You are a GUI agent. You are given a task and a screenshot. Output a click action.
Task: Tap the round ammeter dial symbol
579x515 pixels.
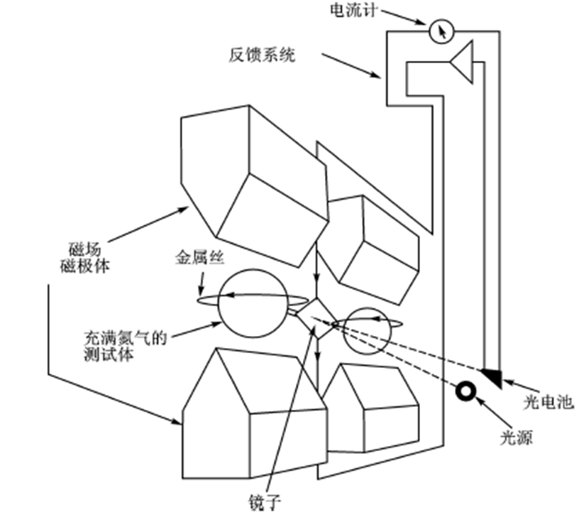(x=441, y=30)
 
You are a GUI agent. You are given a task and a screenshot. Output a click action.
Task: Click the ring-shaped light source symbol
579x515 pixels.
(x=466, y=390)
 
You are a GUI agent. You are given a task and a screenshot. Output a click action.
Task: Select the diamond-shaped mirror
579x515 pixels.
(x=314, y=315)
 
